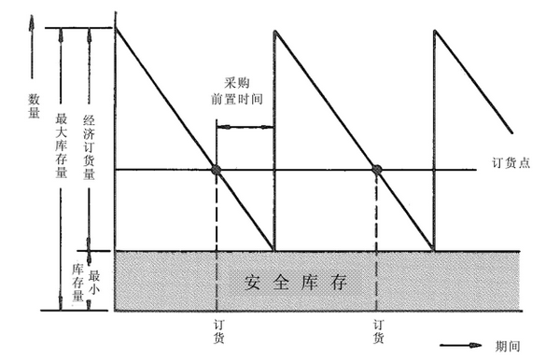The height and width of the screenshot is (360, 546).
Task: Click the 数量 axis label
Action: (35, 104)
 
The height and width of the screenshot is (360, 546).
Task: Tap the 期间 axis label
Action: (509, 346)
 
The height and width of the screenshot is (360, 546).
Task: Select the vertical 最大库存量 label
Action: (63, 145)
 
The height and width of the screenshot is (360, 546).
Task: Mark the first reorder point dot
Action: (216, 170)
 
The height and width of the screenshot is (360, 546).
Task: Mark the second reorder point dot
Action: (377, 170)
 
